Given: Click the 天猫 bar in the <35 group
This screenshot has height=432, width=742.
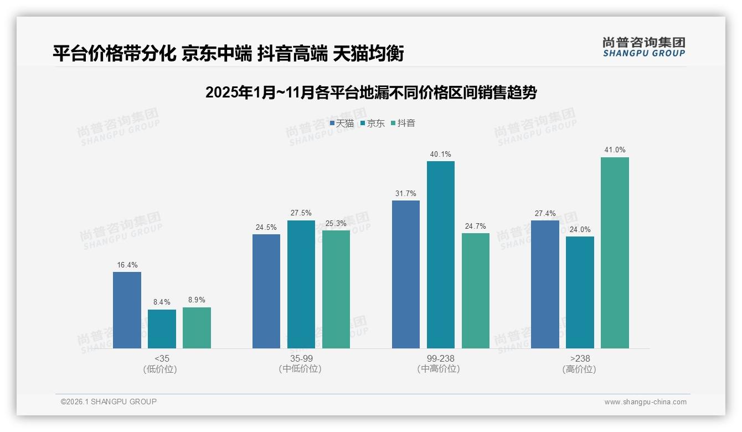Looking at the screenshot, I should [127, 310].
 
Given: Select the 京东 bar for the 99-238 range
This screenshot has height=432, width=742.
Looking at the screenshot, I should [440, 255].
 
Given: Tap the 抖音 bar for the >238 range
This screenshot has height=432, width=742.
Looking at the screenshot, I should [615, 253].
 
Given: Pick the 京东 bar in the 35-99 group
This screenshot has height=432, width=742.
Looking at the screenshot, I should [301, 285].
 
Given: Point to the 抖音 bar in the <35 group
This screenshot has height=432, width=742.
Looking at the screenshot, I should [197, 328].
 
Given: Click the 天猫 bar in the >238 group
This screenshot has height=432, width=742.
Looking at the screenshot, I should [545, 285].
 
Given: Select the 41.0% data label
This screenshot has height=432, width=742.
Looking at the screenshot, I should [615, 150].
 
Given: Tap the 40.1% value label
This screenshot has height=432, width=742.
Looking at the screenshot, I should [440, 154].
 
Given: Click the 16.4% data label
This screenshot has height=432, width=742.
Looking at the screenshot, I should [127, 265].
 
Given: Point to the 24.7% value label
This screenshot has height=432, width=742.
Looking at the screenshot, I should [475, 226].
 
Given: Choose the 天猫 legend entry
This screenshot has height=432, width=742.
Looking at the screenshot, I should [342, 124].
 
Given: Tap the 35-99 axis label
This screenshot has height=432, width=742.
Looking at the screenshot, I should [301, 358].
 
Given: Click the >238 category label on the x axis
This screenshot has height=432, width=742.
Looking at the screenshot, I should [580, 358].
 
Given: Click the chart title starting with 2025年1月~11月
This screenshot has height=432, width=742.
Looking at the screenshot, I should [370, 92].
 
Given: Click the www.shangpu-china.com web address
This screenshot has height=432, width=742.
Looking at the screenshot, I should [645, 402].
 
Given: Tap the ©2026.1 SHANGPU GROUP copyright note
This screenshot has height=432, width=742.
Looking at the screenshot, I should [109, 402].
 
